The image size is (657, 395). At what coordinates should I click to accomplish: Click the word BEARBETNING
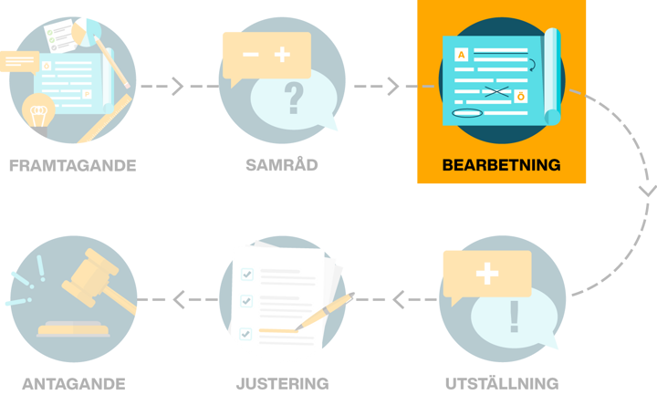coord(501,166)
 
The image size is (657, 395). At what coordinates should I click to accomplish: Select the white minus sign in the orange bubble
coord(250,55)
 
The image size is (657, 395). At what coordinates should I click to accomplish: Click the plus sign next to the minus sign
coord(282,55)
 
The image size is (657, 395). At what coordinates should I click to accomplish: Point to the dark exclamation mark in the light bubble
coord(514,317)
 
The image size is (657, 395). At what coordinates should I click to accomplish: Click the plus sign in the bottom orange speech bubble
coord(487,275)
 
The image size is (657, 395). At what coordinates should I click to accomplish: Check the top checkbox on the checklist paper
coord(245,273)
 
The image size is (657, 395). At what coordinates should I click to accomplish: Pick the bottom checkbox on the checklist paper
coord(245,333)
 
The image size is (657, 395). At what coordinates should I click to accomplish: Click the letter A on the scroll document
coord(461,56)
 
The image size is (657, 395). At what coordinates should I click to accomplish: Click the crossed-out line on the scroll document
coord(496,91)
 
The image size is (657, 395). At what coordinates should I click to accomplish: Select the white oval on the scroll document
coord(466,112)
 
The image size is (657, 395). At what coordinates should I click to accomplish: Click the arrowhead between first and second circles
coord(177,87)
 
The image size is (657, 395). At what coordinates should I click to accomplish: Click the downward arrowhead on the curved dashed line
coord(646,191)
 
